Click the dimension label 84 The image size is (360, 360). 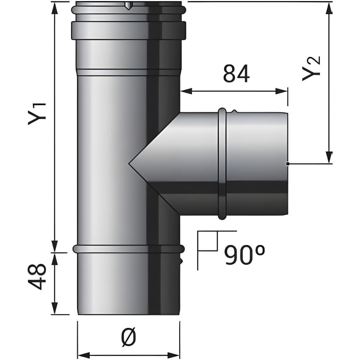236,73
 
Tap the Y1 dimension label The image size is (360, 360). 37,114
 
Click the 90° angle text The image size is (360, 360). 244,255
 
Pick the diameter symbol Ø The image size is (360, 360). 129,337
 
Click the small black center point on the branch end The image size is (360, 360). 287,164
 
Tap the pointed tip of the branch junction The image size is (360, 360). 129,163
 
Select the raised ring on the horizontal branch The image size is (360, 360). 222,164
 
